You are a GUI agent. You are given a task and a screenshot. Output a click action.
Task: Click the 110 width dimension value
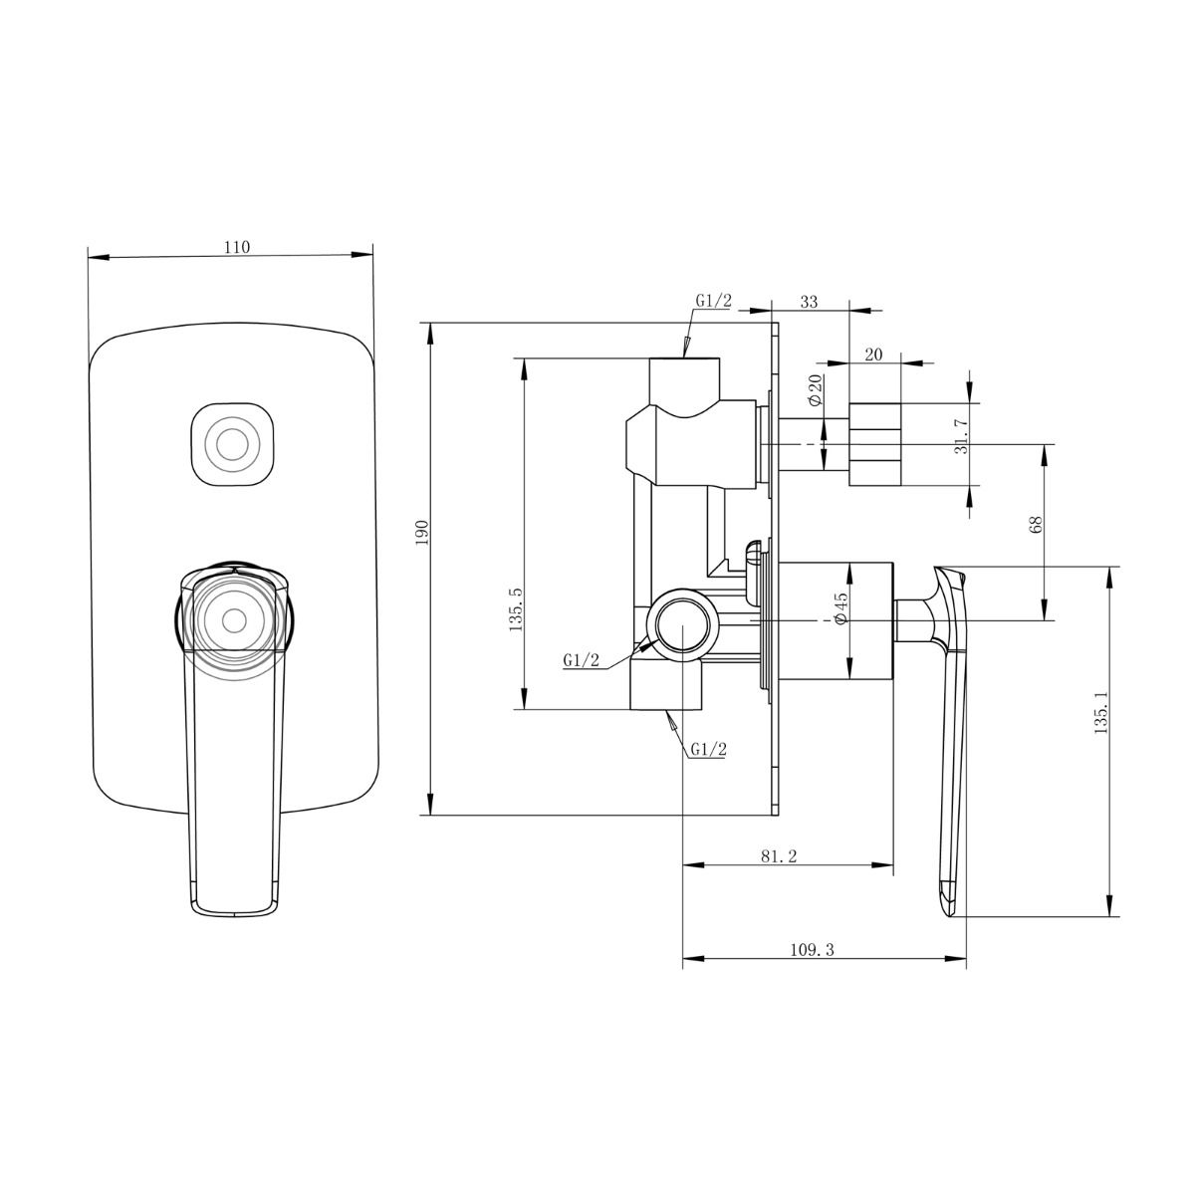[x=236, y=247]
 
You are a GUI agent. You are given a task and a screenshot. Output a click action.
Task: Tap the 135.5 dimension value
[x=515, y=610]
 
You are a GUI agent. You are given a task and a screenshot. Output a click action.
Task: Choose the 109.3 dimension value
[x=812, y=949]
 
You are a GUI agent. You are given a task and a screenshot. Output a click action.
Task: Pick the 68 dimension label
[x=1036, y=525]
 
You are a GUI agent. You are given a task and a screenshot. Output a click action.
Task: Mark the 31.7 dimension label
[x=962, y=436]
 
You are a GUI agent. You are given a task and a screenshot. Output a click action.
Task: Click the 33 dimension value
[x=809, y=302]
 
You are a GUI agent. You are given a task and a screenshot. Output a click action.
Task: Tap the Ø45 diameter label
[x=840, y=608]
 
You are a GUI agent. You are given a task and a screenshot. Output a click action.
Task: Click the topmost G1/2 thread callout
[x=713, y=301]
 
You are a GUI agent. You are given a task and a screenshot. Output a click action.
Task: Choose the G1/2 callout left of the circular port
[x=581, y=659]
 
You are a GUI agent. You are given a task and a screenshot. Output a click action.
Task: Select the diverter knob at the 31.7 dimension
[x=874, y=444]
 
